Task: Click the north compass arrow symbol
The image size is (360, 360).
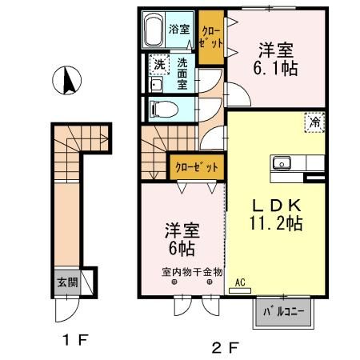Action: point(66,81)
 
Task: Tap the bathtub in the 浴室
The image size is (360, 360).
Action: point(155,31)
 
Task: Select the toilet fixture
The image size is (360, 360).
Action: point(160,108)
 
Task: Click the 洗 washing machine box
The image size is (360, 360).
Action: point(158,65)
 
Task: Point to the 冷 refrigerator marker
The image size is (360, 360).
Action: point(315,123)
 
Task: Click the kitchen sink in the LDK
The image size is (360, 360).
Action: point(282,164)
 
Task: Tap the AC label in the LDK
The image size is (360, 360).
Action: point(240,282)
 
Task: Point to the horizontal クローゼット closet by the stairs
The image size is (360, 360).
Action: point(196,168)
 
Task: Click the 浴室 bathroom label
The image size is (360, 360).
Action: point(179,30)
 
